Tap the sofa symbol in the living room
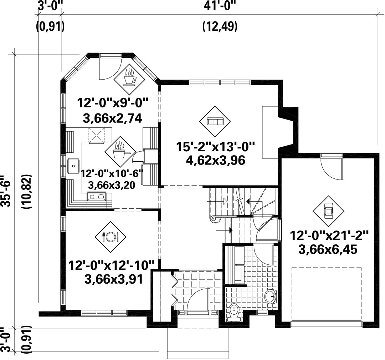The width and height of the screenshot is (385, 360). tap(215, 121)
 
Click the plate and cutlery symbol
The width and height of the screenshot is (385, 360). tap(111, 237)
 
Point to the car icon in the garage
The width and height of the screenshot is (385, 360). tap(328, 211)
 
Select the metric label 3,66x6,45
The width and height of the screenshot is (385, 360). tap(328, 250)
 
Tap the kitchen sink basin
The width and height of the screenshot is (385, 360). tap(73, 166)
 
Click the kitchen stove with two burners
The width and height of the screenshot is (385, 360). tap(97, 197)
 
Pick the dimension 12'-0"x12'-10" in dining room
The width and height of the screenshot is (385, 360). tap(111, 266)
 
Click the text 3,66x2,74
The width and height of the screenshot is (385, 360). tap(113, 119)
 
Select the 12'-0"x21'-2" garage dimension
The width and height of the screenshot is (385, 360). tap(329, 236)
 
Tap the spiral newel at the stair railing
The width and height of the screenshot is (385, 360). tap(214, 219)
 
